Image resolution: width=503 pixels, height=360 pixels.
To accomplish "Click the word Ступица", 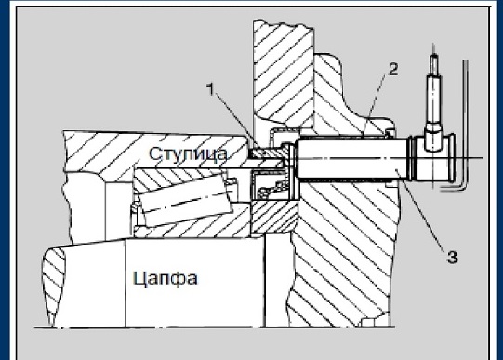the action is pos(189,153).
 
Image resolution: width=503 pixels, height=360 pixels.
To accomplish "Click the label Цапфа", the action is pos(165,278).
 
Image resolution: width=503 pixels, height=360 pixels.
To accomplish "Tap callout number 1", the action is pos(210,89).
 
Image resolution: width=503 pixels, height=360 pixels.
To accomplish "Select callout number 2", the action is pos(393,70).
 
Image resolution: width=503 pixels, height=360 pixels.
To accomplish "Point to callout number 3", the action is pos(452,258).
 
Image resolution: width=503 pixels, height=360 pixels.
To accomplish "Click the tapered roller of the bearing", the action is pos(186,199).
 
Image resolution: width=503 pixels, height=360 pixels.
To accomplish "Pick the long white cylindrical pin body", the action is pos(353,158).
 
